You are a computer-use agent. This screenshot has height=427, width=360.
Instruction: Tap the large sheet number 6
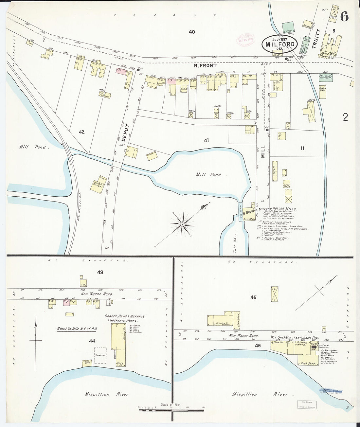coord(344,16)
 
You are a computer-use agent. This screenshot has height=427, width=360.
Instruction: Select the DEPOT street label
coord(127,132)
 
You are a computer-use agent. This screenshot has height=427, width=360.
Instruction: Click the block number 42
coord(81,132)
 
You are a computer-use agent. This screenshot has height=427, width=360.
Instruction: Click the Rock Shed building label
coord(308,363)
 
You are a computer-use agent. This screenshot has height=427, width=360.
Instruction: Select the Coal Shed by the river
coord(87,363)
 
